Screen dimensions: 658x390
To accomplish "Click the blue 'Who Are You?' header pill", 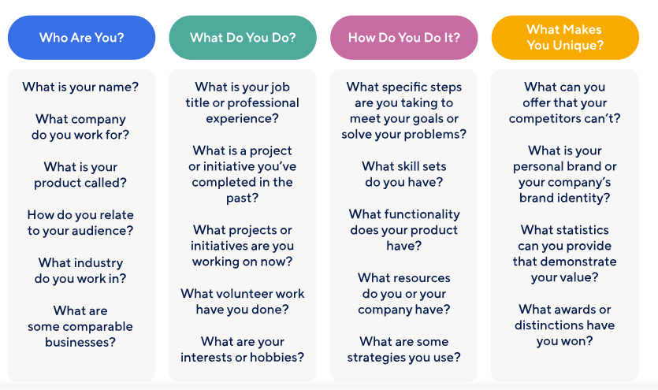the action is click(81, 38).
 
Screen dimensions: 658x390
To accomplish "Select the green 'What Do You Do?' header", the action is click(243, 38).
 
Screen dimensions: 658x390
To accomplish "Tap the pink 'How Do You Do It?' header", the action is click(403, 38).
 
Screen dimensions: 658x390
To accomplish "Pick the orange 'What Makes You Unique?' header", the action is click(565, 38).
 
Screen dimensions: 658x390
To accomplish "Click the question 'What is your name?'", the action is click(80, 87).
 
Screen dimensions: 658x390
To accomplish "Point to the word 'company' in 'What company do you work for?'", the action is click(99, 120).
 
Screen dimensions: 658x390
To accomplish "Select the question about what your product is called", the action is click(80, 175).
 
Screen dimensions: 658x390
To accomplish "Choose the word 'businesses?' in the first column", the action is click(80, 342).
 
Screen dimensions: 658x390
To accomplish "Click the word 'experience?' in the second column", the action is click(242, 119).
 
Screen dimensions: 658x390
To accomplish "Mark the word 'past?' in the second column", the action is click(242, 199).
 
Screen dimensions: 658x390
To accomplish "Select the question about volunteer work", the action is click(243, 302).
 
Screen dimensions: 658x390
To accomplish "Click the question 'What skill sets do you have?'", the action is click(403, 174).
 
